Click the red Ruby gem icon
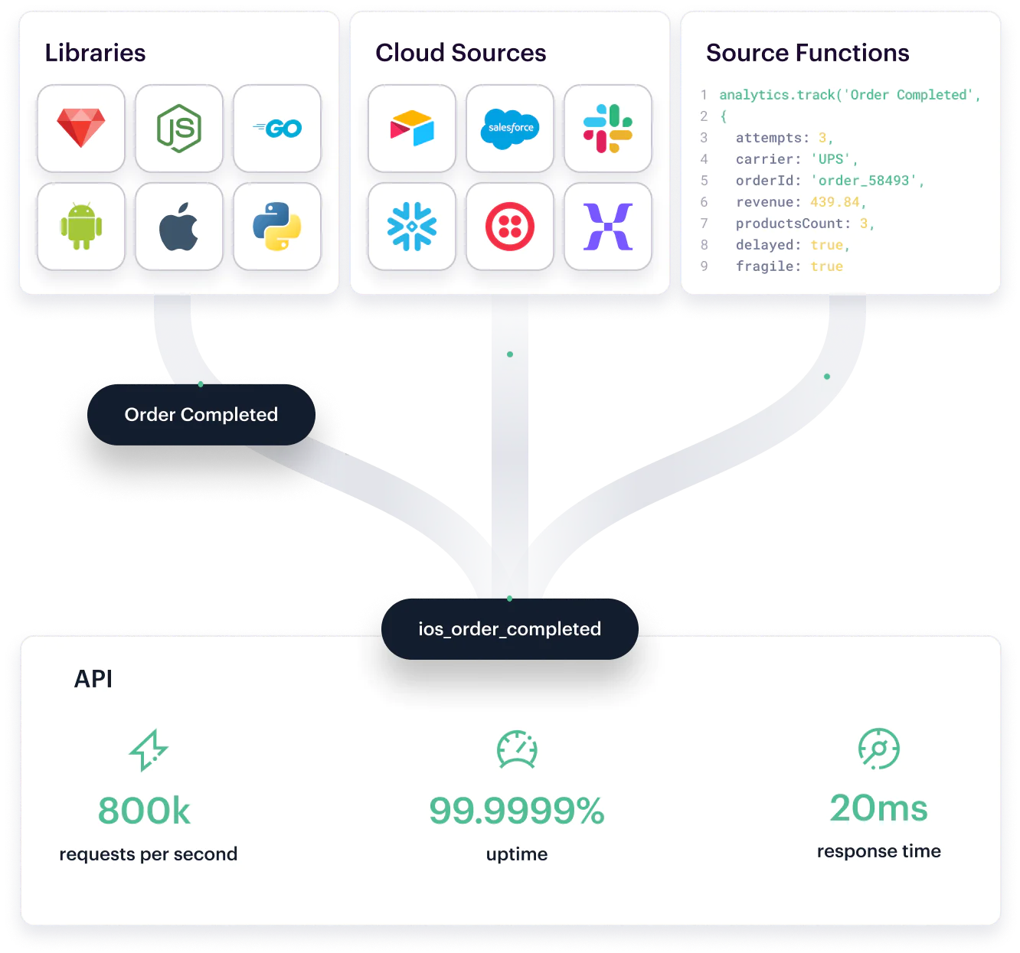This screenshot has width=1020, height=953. pos(81,128)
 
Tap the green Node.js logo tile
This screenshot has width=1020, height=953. pos(179,128)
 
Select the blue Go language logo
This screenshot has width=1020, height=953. pos(277,129)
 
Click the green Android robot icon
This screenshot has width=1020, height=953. pos(81,226)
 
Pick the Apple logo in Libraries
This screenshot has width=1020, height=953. pos(179,226)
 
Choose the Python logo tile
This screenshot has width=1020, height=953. pos(277,226)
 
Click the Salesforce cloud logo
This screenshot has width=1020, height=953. pos(510,128)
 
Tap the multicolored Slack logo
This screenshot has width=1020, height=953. pos(608,128)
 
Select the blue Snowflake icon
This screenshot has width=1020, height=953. pos(412,226)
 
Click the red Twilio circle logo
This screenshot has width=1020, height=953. pos(510,226)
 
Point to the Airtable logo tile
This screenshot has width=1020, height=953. pos(412,128)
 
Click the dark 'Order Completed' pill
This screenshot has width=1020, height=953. pos(201,415)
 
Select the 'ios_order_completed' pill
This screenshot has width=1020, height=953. pos(509,629)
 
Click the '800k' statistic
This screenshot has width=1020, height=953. pos(144,811)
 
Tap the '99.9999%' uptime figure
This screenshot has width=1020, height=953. pos(517,811)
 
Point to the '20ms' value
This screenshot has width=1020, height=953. pos(878,808)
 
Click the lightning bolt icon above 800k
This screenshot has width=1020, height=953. pos(149,749)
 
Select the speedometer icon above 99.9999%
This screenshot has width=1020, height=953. pos(517,749)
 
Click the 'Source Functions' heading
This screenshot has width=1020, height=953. pos(807,53)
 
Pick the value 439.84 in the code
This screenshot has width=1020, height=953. pos(835,202)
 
